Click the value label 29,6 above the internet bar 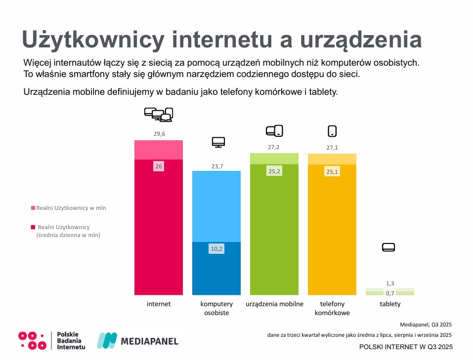[159, 134]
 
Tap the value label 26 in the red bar [159, 167]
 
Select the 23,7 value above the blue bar [217, 166]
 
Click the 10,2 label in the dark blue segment [217, 249]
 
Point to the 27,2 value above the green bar [274, 147]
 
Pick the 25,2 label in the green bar [274, 172]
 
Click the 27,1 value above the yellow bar [332, 147]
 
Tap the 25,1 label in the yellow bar [332, 172]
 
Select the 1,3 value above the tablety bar [390, 283]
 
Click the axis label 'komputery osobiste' [216, 308]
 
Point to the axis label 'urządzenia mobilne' [274, 304]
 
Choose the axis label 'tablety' [390, 304]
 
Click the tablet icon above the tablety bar [389, 247]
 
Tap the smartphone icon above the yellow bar [332, 131]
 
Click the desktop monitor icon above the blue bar [218, 142]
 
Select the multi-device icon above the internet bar [159, 114]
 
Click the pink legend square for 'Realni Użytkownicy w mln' [33, 208]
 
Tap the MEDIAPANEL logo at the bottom [137, 341]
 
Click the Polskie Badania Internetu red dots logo [32, 340]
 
